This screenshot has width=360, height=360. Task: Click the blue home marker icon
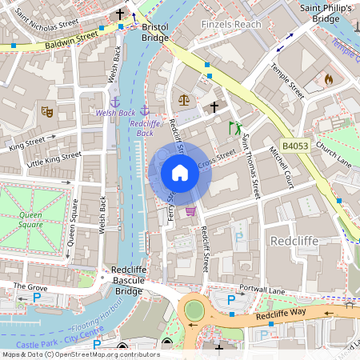[180, 173]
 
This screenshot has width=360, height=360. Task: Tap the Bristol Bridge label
[154, 32]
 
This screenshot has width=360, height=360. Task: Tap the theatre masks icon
[47, 113]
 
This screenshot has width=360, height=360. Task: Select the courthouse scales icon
[185, 100]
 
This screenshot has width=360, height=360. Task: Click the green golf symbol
[234, 127]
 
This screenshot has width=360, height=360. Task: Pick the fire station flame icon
[327, 79]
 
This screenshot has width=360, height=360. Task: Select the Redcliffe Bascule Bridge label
[127, 281]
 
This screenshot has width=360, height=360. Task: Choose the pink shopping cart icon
[190, 211]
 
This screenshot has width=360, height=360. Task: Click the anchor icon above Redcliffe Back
[145, 110]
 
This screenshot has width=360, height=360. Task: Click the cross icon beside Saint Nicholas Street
[120, 14]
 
